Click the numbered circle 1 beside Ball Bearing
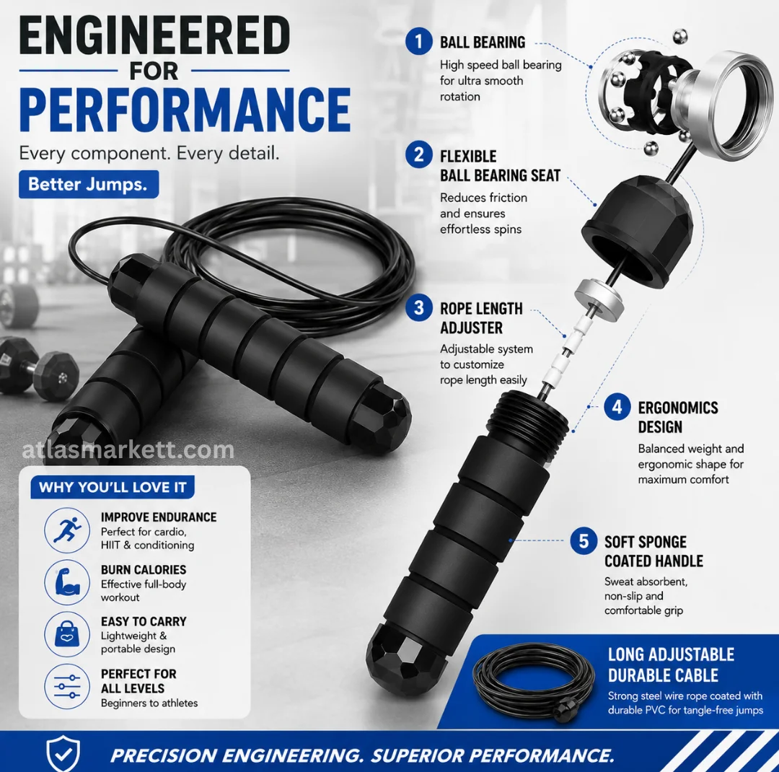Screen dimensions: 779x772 click(418, 41)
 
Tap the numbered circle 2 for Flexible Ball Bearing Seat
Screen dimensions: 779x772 click(418, 154)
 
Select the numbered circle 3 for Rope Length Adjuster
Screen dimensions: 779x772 click(418, 307)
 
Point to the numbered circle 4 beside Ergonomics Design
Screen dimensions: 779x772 click(617, 407)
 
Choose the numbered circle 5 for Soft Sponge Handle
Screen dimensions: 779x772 click(584, 541)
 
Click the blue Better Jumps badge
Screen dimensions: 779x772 click(89, 185)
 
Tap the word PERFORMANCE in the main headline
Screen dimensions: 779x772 click(185, 110)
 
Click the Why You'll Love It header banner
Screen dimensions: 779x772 click(113, 487)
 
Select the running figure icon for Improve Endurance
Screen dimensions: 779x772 click(67, 530)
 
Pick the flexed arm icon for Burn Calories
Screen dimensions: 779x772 click(67, 582)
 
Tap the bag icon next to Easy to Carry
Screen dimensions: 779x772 click(67, 634)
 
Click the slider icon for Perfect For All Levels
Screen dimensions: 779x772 click(67, 686)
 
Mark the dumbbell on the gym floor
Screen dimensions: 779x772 click(39, 368)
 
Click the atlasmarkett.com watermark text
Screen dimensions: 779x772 click(128, 450)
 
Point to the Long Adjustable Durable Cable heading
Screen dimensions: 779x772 click(671, 664)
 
